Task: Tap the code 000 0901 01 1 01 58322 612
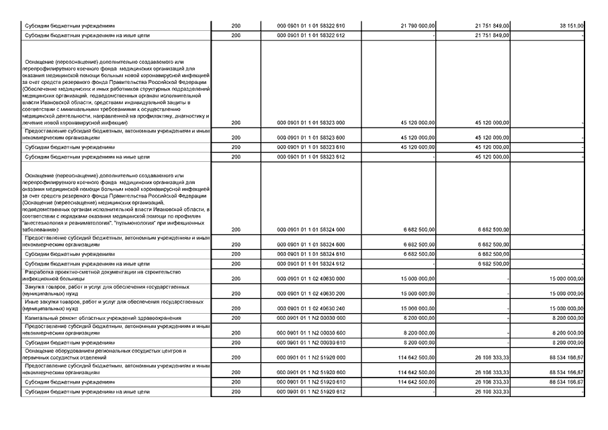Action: (x=310, y=35)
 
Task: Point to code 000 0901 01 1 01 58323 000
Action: (x=310, y=123)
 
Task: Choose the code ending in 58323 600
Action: (x=310, y=137)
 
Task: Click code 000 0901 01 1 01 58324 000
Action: (x=310, y=230)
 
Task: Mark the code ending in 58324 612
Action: (x=310, y=263)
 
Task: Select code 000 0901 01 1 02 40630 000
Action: (x=310, y=278)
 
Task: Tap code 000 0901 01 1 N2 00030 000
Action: (x=310, y=318)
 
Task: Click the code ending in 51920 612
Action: (x=310, y=391)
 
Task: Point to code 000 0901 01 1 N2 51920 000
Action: (x=310, y=357)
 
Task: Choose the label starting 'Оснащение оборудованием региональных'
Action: (x=104, y=353)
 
